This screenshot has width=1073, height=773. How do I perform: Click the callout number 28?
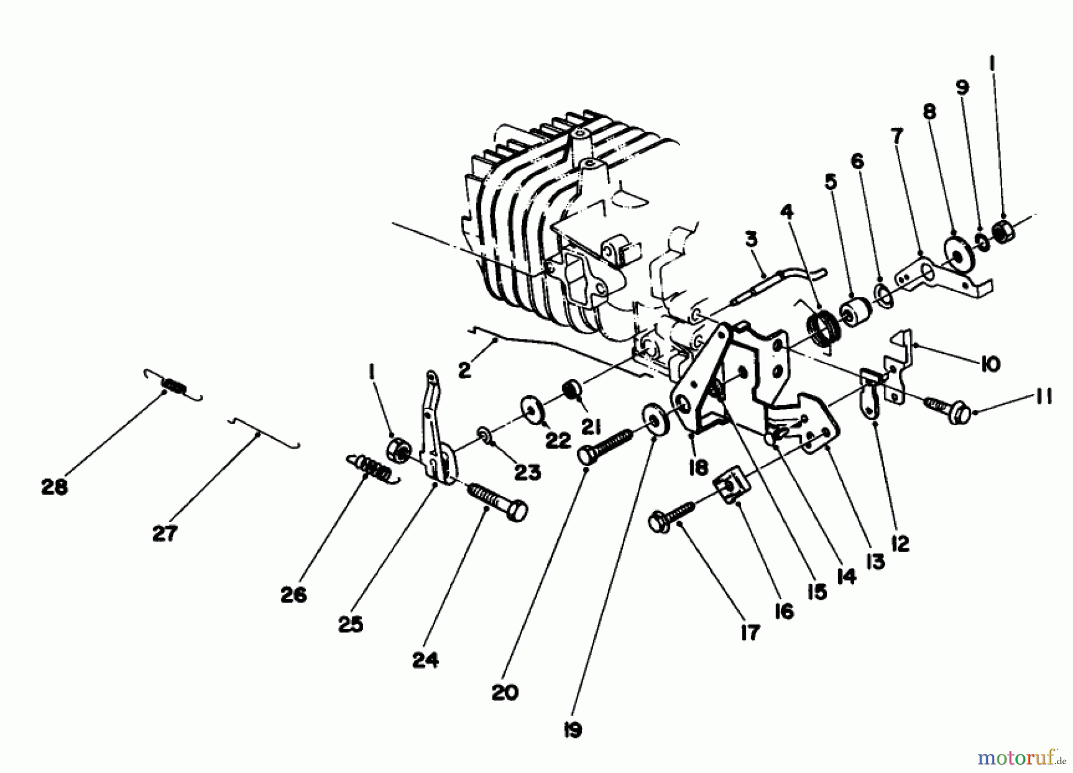54,487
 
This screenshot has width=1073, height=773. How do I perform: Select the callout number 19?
572,730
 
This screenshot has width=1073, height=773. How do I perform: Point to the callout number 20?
505,693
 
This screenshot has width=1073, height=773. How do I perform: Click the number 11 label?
1043,397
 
